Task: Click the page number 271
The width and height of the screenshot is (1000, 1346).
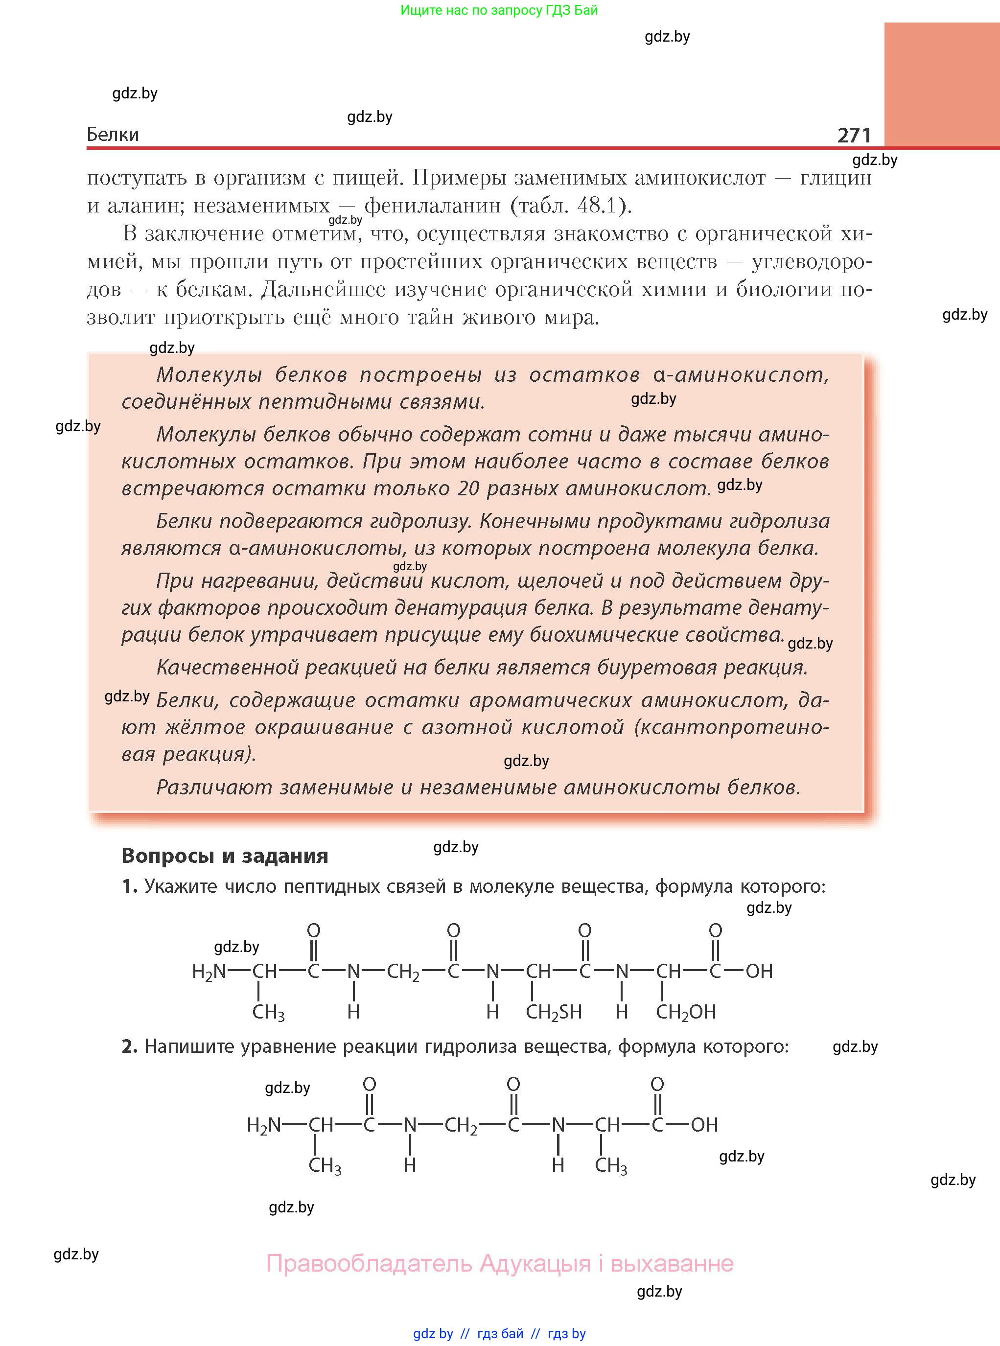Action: (x=854, y=135)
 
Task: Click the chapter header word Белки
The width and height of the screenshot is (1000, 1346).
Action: (x=113, y=135)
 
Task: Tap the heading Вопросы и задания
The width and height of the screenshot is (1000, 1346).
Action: (x=225, y=855)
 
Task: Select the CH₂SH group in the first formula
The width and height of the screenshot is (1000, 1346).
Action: (x=553, y=1012)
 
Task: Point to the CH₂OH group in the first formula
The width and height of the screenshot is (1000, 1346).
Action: (x=685, y=1012)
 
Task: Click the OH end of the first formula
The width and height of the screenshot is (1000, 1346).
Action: (x=759, y=972)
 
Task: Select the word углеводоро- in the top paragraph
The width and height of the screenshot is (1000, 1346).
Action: (x=811, y=261)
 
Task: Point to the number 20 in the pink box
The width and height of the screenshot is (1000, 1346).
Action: (x=468, y=488)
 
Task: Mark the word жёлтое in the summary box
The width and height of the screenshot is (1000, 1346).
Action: (x=205, y=727)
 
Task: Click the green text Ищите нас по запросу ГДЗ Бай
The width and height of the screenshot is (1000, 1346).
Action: (x=499, y=10)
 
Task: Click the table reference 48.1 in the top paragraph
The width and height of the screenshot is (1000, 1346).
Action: (x=596, y=206)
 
